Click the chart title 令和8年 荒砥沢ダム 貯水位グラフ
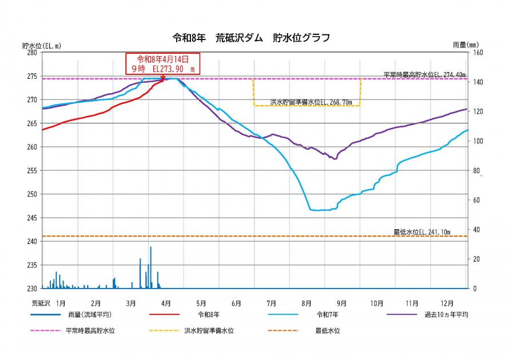pos(251,38)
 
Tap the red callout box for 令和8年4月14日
pos(162,63)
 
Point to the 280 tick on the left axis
pos(32,53)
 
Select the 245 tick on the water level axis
pos(32,218)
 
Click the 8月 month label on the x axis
pos(307,303)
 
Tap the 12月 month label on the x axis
pos(447,303)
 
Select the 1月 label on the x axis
pos(61,303)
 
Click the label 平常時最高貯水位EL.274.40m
pos(424,74)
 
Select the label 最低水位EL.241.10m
pos(421,232)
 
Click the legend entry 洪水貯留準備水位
pos(209,330)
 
